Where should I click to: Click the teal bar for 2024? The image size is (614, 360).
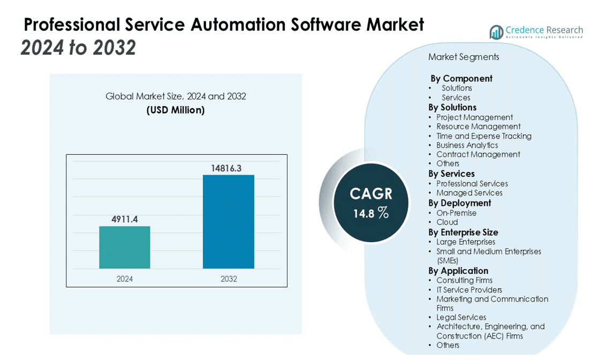(125, 247)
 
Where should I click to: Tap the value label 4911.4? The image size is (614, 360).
(125, 219)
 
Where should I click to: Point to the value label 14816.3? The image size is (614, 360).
(226, 168)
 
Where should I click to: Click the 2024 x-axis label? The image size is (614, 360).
(125, 279)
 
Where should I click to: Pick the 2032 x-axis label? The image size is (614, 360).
(229, 279)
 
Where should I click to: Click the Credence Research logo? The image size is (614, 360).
(536, 32)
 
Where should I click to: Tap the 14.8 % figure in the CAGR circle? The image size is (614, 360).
(370, 213)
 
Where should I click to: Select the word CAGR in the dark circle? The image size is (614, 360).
(371, 194)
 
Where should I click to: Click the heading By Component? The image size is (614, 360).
(461, 78)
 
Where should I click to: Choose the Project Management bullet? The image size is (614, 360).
(474, 117)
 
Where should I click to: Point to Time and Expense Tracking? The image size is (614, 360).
(484, 136)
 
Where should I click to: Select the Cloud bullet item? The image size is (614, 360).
(447, 222)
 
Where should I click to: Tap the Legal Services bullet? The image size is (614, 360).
(461, 317)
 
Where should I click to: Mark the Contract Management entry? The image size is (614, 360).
(478, 154)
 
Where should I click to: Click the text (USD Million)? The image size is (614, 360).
(176, 110)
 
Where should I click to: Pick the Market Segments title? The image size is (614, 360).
(464, 57)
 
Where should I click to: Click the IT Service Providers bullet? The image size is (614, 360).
(469, 290)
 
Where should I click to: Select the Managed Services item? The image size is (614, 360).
(469, 193)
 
